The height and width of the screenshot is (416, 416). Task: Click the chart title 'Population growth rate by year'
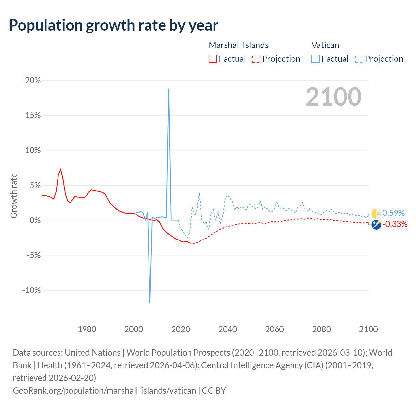click(113, 25)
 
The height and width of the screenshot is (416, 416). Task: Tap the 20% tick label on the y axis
click(33, 80)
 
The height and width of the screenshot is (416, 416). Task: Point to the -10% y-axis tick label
click(32, 290)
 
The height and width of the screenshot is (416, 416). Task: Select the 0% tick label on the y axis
click(35, 220)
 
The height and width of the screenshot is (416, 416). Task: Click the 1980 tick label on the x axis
click(87, 329)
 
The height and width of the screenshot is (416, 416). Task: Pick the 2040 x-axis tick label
click(227, 329)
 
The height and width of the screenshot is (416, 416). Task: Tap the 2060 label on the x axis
click(275, 329)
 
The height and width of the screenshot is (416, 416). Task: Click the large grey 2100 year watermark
click(333, 97)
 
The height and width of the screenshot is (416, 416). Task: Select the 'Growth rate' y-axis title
click(14, 196)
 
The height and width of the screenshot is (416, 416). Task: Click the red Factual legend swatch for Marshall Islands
click(213, 59)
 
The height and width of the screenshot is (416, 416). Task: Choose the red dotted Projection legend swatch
click(256, 59)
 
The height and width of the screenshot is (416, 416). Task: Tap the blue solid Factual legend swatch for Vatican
click(316, 59)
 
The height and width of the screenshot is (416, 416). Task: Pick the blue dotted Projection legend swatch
click(359, 59)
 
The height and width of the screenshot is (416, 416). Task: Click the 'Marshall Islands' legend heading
click(239, 45)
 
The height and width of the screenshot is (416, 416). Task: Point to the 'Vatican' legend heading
click(325, 45)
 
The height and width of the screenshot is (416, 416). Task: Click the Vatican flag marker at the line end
click(376, 214)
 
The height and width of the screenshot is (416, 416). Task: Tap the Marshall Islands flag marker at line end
click(376, 225)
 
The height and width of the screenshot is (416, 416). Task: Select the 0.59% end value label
click(394, 213)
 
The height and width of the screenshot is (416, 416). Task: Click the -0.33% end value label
click(395, 224)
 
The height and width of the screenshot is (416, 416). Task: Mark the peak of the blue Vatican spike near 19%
click(169, 89)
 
